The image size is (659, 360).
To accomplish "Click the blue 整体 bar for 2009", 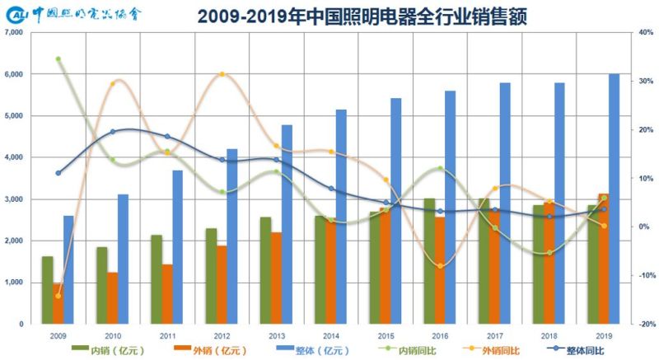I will point(68,269).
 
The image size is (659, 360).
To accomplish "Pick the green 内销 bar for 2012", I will point(211,276).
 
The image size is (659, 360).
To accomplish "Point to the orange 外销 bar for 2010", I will point(113,297).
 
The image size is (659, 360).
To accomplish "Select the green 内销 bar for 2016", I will point(430,261).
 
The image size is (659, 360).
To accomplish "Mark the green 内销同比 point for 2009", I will point(58,59).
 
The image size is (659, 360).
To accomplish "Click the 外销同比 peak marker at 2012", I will point(222,75).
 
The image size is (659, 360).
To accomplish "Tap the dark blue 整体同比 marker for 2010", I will point(113,132).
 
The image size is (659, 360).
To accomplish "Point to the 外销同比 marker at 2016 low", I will point(441,265).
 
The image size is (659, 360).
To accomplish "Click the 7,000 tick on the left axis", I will point(14,32).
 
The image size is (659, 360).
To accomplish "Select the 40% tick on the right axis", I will point(645,32).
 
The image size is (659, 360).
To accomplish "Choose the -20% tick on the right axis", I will point(644,324).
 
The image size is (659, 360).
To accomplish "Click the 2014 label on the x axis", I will point(331,336).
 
